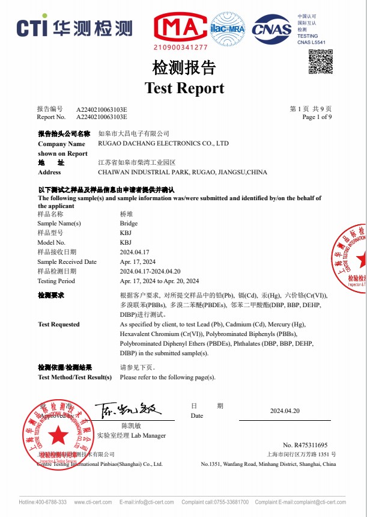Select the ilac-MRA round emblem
click(x=228, y=28)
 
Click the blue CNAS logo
click(x=271, y=28)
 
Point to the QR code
click(x=320, y=62)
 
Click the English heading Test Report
click(x=184, y=88)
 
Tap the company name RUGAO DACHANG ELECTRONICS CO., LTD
click(x=163, y=144)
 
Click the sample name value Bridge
click(x=129, y=223)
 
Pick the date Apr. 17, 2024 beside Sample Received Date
click(x=138, y=262)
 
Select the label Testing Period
click(x=56, y=281)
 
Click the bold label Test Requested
click(x=59, y=324)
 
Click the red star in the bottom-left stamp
click(x=58, y=434)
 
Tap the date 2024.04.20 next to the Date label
click(x=285, y=411)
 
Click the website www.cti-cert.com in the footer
click(x=93, y=502)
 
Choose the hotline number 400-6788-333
click(x=52, y=502)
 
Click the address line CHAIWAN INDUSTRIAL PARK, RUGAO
click(x=182, y=172)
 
